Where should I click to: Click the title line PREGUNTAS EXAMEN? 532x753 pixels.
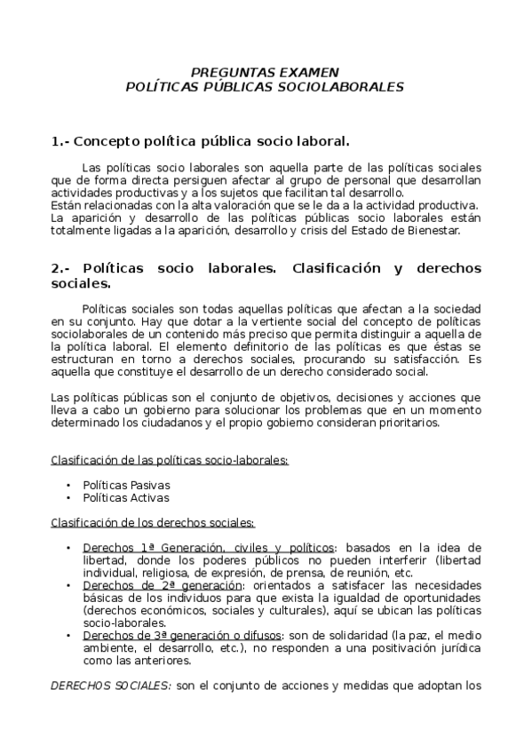point(266,72)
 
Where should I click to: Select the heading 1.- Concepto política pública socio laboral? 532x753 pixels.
point(201,141)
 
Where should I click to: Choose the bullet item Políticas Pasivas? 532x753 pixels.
point(126,485)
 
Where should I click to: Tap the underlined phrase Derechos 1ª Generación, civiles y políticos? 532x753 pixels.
point(210,547)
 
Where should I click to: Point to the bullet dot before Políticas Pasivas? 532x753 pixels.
point(68,485)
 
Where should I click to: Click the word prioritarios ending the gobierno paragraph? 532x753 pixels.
point(406,423)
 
